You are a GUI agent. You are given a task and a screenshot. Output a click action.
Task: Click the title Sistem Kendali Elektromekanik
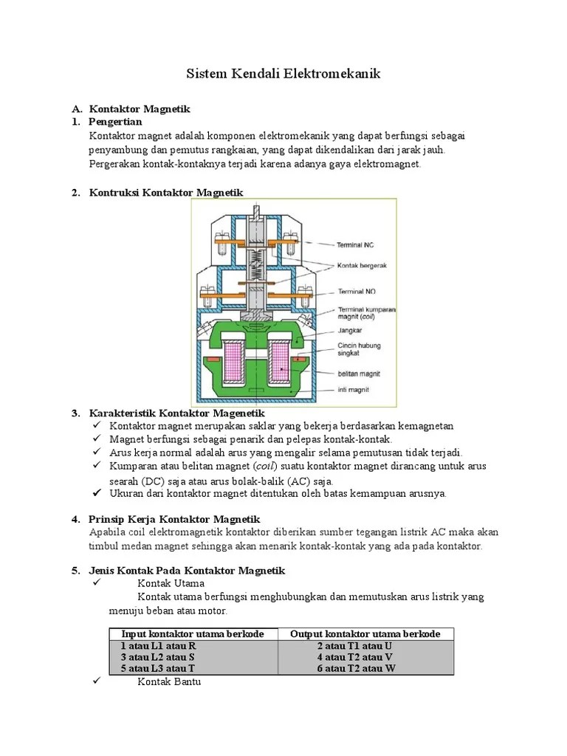[283, 74]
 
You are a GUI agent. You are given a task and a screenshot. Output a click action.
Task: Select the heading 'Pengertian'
[115, 121]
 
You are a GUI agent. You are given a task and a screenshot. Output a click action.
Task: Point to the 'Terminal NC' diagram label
[357, 244]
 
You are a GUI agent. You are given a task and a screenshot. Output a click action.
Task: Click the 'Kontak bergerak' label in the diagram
[362, 265]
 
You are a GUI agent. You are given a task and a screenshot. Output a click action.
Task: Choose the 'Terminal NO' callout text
[357, 292]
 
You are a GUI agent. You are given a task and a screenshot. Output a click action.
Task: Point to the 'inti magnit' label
[354, 390]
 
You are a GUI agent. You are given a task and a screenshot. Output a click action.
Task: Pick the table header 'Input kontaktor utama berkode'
[193, 634]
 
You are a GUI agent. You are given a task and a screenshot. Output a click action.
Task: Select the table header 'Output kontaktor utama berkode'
[365, 634]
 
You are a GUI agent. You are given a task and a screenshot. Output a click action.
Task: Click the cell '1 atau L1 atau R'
[159, 645]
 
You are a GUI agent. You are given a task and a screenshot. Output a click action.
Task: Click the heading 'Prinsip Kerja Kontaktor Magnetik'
[174, 520]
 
